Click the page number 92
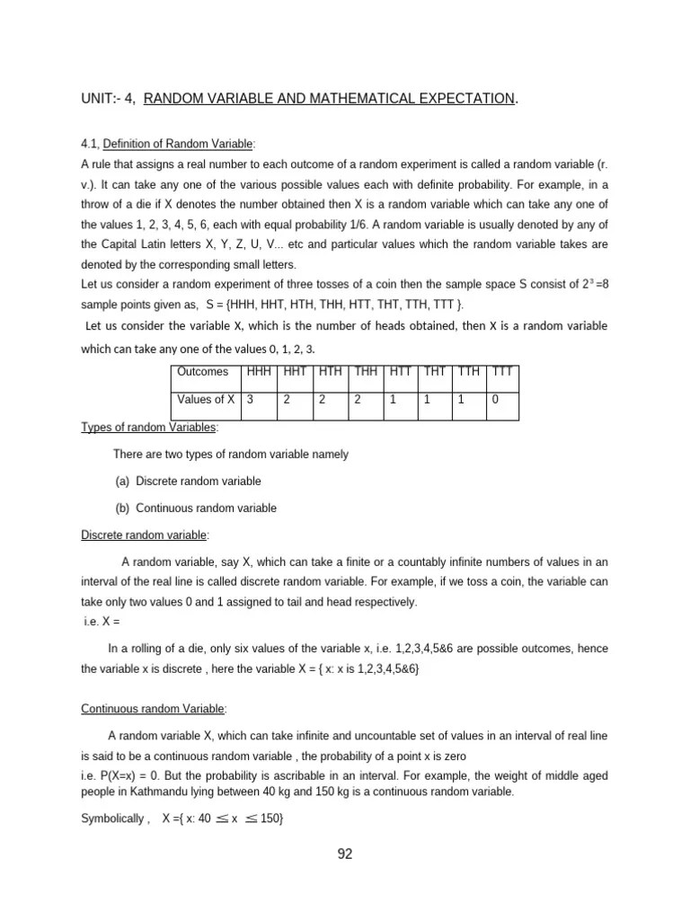(x=345, y=854)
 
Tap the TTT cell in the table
(x=500, y=371)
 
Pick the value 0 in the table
(x=495, y=400)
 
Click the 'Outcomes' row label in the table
(x=203, y=371)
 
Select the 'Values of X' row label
(x=206, y=400)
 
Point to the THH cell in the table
(x=366, y=371)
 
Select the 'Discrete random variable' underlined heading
(x=145, y=535)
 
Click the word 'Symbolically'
(x=112, y=819)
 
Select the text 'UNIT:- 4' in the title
(x=106, y=98)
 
